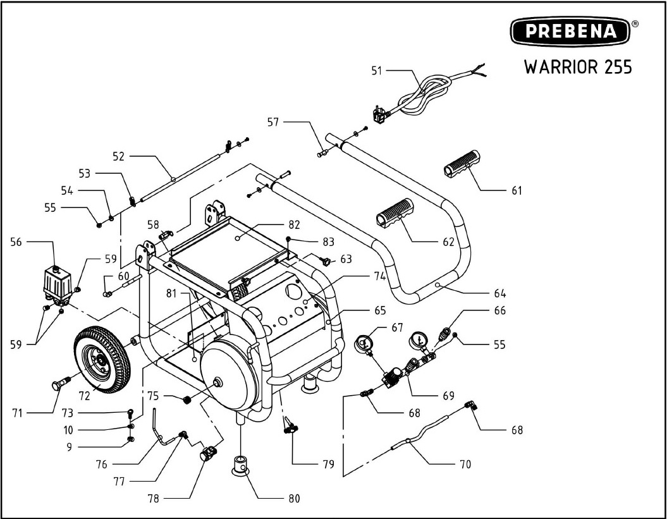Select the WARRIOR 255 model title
tap(577, 67)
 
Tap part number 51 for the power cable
tap(377, 71)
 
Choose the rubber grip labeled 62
tap(395, 212)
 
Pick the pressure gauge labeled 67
tap(364, 345)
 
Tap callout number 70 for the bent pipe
tap(465, 465)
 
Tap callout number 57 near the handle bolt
tap(272, 121)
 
